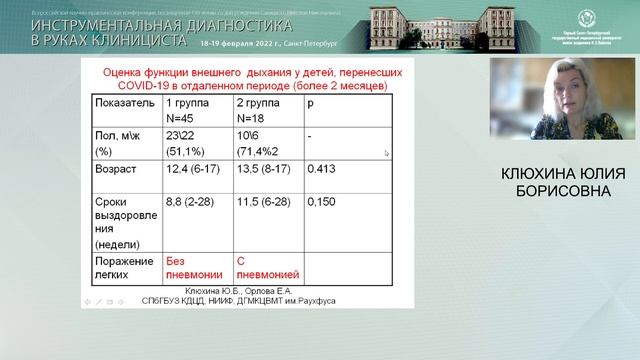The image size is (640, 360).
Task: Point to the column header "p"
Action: click(312, 103)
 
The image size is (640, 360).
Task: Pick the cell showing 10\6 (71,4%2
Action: click(259, 141)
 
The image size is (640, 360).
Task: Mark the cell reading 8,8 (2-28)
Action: click(191, 201)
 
